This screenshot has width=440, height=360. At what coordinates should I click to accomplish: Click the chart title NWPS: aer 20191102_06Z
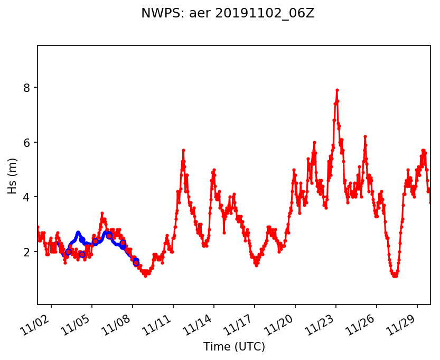coord(228,14)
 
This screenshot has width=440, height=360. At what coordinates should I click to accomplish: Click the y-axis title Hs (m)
coord(13,175)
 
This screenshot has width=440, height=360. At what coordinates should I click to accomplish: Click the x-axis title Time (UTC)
coord(234,347)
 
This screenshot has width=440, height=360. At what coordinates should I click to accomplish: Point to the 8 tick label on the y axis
coord(26,87)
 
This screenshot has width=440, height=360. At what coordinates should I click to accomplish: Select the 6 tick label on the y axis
coord(26,142)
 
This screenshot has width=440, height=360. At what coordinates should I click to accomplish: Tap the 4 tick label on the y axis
coord(26,197)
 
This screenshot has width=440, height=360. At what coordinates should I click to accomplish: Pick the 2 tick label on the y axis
coord(26,252)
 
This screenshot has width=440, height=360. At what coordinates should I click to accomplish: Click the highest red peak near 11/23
coord(337,90)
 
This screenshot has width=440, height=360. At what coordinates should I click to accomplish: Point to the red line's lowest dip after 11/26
coord(395,275)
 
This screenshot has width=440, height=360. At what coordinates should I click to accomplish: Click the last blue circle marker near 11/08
coord(136,262)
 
